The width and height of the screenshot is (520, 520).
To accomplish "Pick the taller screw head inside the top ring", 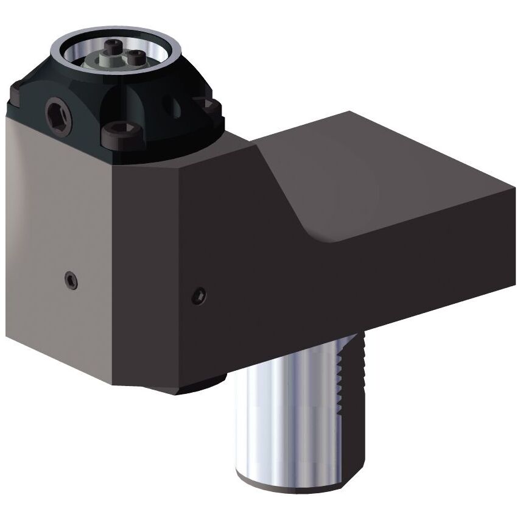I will (x=114, y=47).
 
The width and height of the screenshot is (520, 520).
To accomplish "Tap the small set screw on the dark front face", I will (x=199, y=296).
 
